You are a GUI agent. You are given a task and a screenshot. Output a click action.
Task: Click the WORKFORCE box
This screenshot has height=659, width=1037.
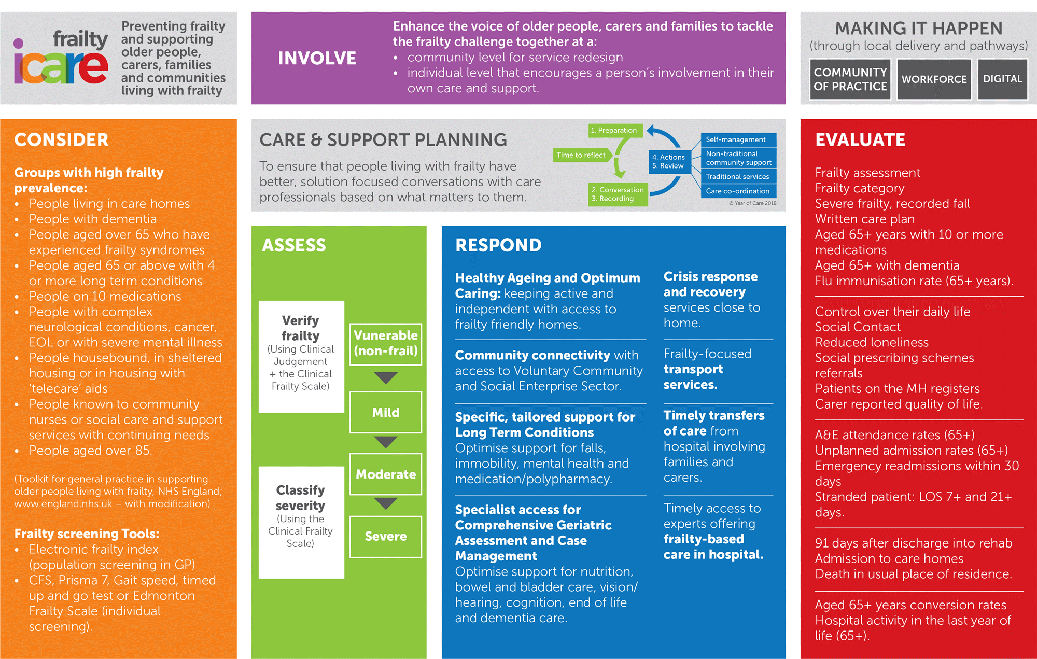click(x=934, y=79)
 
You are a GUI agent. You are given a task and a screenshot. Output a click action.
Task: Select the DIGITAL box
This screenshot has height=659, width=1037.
click(x=1002, y=79)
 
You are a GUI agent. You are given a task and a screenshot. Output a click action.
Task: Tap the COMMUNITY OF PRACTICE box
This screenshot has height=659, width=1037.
click(x=850, y=79)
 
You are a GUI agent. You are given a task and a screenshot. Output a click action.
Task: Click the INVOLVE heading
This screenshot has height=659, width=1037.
click(x=317, y=58)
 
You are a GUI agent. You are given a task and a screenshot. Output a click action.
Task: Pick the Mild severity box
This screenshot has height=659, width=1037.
click(x=386, y=412)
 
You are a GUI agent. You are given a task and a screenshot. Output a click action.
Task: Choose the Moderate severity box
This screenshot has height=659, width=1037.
click(x=386, y=474)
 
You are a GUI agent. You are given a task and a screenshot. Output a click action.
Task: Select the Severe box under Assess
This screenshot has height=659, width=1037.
click(x=386, y=537)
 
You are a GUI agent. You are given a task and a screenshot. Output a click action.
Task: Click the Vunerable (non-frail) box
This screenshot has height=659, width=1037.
click(x=386, y=344)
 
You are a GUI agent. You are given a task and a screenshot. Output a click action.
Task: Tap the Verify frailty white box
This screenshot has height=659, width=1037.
click(x=301, y=357)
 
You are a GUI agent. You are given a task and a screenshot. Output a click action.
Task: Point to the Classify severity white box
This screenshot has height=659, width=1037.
click(x=301, y=522)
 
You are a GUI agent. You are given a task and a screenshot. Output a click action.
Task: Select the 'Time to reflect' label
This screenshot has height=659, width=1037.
click(x=581, y=155)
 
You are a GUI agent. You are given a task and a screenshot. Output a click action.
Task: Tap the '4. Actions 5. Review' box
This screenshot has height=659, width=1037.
click(x=669, y=161)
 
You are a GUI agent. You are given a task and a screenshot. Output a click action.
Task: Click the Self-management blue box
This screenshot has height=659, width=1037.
click(x=739, y=139)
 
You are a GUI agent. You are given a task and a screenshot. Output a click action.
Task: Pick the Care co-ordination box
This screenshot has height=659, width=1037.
click(x=739, y=191)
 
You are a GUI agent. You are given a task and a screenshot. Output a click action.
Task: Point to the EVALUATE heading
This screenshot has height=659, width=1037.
click(x=860, y=139)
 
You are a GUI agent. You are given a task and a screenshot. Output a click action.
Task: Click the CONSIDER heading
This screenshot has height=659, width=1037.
click(x=61, y=139)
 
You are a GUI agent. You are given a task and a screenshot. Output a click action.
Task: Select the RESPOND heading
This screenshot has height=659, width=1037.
click(x=498, y=245)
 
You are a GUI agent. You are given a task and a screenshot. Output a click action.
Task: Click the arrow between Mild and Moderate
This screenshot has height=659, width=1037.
click(x=386, y=442)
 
